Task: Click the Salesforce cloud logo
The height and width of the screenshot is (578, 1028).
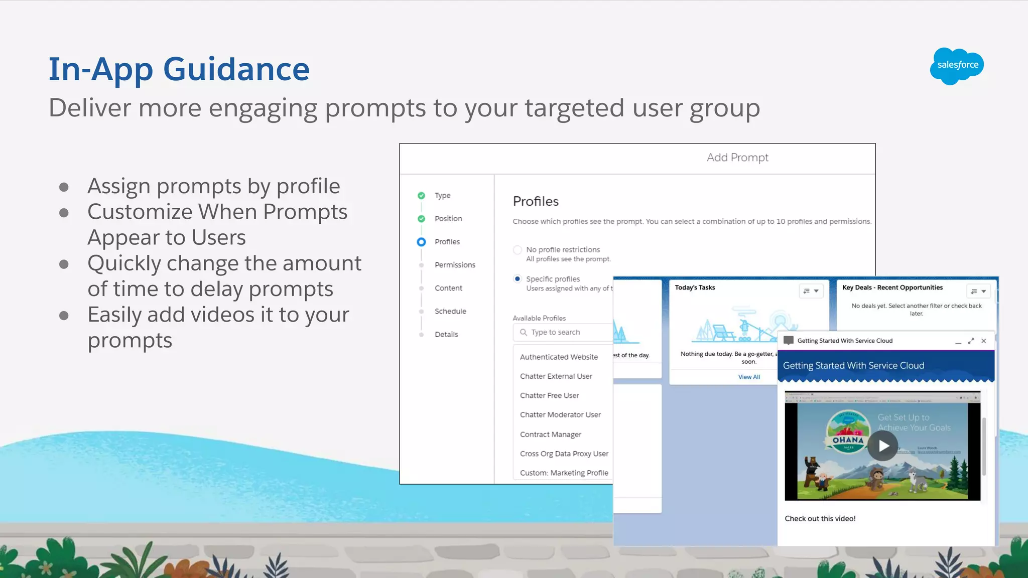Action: pyautogui.click(x=957, y=66)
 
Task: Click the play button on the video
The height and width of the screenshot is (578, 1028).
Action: pyautogui.click(x=883, y=446)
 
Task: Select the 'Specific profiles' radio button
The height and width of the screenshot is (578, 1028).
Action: pyautogui.click(x=518, y=279)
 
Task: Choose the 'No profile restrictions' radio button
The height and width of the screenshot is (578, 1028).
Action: pyautogui.click(x=518, y=250)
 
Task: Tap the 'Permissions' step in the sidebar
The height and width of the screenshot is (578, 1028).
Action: pyautogui.click(x=455, y=265)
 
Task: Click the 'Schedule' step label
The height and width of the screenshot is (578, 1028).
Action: pyautogui.click(x=450, y=311)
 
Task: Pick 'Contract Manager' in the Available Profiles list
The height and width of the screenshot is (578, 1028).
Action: pyautogui.click(x=551, y=435)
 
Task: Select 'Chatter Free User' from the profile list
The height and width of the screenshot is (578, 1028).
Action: pyautogui.click(x=550, y=395)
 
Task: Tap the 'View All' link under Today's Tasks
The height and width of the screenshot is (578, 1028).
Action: pyautogui.click(x=749, y=377)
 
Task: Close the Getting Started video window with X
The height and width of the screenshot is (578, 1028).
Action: pyautogui.click(x=984, y=341)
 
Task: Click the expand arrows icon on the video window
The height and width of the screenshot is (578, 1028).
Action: pyautogui.click(x=971, y=341)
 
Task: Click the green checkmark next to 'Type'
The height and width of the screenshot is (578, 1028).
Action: pyautogui.click(x=422, y=196)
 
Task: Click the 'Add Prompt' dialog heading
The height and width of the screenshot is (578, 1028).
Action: pyautogui.click(x=737, y=158)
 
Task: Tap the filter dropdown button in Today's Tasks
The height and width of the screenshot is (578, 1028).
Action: pyautogui.click(x=811, y=291)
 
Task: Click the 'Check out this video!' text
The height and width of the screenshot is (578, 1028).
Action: pyautogui.click(x=820, y=519)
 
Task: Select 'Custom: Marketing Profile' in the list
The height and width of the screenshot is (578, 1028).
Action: pyautogui.click(x=564, y=473)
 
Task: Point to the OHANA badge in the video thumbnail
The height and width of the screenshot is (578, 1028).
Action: pyautogui.click(x=848, y=433)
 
